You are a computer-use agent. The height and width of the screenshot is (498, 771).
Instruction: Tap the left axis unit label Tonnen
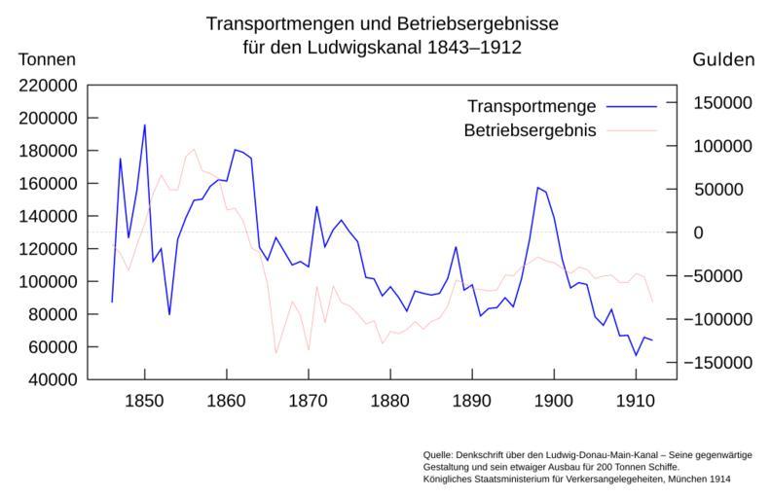(47, 60)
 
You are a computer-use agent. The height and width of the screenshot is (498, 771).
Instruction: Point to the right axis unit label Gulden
(723, 60)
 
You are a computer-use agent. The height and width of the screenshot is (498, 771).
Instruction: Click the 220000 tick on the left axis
(50, 86)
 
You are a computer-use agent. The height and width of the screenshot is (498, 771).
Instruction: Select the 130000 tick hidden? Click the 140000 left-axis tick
(50, 216)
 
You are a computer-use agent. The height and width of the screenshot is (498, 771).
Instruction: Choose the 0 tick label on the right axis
(698, 232)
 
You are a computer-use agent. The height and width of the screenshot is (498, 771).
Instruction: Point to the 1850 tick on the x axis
(145, 401)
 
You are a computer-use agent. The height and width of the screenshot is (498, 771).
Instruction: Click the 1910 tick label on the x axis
(636, 401)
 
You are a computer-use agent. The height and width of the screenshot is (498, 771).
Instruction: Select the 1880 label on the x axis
(390, 401)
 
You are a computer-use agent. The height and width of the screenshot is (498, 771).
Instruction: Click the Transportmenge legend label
(532, 105)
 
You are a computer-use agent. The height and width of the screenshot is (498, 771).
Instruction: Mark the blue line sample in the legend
(631, 105)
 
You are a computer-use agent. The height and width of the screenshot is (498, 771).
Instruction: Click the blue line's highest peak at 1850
(145, 124)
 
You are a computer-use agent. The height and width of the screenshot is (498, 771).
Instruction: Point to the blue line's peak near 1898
(537, 188)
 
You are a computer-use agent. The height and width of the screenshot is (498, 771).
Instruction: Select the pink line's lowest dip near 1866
(275, 353)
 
